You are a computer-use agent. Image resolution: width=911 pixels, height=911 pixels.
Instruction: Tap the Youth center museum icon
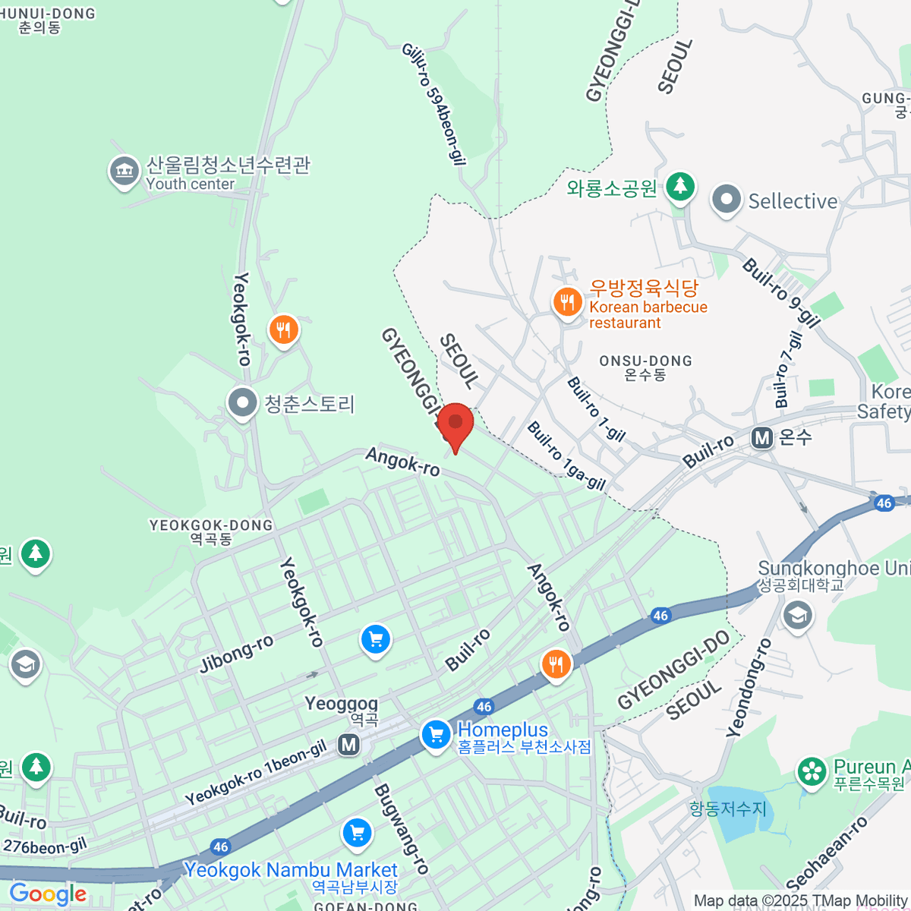click(124, 172)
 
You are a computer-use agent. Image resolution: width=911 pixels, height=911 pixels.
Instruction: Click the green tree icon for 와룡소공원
click(679, 186)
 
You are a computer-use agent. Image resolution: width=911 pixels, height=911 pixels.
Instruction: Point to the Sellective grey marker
click(727, 200)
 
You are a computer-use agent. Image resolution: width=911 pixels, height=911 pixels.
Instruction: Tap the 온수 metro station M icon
click(761, 438)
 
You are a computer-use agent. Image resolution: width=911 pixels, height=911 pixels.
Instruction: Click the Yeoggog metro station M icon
click(349, 745)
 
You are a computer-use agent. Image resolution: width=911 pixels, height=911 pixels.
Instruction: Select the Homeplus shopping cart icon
click(436, 735)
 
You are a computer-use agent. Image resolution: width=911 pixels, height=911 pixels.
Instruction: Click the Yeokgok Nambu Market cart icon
click(357, 834)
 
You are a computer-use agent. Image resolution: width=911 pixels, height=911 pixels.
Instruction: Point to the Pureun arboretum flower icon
click(812, 772)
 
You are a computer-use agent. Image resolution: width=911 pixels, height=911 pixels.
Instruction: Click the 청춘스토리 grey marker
click(243, 403)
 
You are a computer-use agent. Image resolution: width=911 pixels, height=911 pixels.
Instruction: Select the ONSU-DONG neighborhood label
click(645, 367)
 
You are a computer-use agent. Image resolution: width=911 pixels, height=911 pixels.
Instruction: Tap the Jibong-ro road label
click(236, 654)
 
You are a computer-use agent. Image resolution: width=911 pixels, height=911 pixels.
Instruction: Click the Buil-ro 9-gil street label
click(782, 293)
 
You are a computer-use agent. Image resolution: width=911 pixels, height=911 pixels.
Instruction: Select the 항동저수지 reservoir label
click(728, 809)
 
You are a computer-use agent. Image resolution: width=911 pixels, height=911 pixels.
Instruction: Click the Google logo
click(48, 894)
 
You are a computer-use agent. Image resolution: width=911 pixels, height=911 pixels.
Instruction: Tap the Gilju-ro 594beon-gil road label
click(433, 105)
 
